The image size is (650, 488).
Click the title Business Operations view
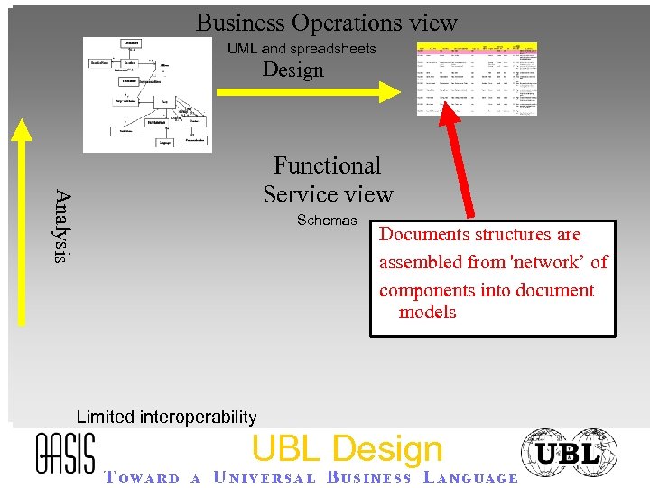click(x=326, y=23)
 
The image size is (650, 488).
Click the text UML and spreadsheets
click(x=302, y=48)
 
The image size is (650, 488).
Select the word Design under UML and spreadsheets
click(x=292, y=70)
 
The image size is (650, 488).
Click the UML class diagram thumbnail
click(x=147, y=94)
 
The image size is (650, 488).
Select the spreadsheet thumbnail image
click(x=476, y=78)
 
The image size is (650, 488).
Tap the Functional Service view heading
click(x=328, y=179)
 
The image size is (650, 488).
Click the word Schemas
click(x=327, y=221)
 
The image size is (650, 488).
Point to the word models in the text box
click(x=427, y=313)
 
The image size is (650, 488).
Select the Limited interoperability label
click(x=166, y=417)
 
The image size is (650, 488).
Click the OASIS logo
click(x=65, y=452)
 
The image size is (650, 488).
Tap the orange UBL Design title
click(x=347, y=449)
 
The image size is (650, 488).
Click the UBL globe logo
click(x=569, y=454)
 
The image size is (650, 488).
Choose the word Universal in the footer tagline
click(x=265, y=478)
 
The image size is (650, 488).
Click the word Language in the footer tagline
click(x=469, y=478)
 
